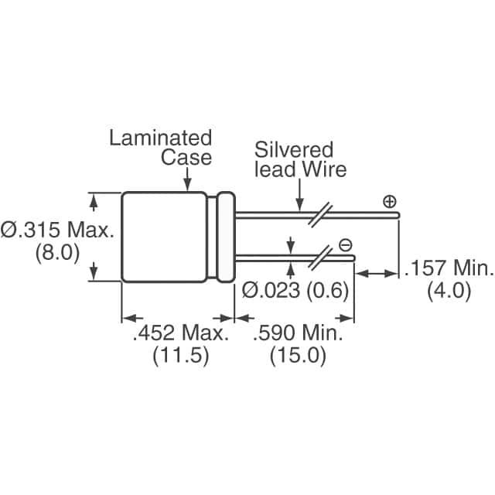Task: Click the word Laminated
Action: (160, 138)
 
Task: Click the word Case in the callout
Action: (186, 157)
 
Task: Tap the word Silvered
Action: (294, 149)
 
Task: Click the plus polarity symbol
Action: (389, 203)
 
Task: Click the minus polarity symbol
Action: (345, 245)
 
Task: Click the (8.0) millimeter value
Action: (58, 252)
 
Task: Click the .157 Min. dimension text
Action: (449, 269)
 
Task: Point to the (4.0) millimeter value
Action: (449, 292)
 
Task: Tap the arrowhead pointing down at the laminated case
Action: (189, 186)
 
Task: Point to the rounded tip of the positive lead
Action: (398, 215)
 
